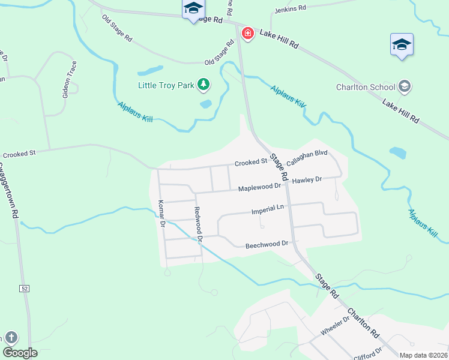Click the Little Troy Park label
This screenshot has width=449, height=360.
[166, 85]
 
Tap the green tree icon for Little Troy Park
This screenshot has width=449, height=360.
[204, 85]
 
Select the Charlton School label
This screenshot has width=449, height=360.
[366, 87]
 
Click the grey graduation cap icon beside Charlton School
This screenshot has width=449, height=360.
[405, 87]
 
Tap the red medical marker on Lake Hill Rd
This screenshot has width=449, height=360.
[247, 34]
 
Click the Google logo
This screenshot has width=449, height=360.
[20, 353]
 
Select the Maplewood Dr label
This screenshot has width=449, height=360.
[259, 188]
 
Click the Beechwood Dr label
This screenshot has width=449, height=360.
[267, 245]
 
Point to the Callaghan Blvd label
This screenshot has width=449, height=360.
[307, 158]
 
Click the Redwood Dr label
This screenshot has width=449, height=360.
[197, 223]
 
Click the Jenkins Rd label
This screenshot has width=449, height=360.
[290, 9]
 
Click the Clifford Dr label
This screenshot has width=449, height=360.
[370, 352]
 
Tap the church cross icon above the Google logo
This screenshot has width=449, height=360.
[11, 337]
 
